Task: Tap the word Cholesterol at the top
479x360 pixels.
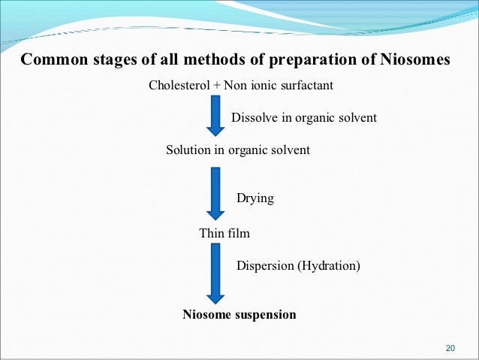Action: point(179,85)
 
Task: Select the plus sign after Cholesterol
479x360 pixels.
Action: point(217,85)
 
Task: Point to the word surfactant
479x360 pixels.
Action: point(306,85)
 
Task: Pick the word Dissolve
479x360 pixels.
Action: point(255,118)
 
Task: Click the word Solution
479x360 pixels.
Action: point(188,150)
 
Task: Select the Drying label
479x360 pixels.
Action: point(255,199)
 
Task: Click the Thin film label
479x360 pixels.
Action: point(224,233)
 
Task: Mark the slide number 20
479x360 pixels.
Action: point(450,347)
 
